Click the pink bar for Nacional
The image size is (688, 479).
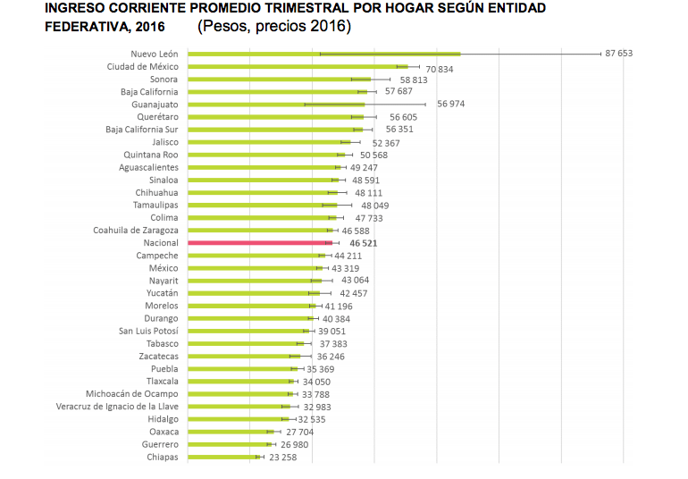tap(259, 242)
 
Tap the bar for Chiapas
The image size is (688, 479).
tap(223, 457)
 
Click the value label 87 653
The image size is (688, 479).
tap(618, 54)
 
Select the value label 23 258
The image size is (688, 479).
tap(282, 457)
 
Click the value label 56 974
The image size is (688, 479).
tap(451, 104)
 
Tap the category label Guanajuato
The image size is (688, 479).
tap(155, 104)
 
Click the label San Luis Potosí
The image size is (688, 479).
tap(148, 331)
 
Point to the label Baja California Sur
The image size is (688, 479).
tap(141, 129)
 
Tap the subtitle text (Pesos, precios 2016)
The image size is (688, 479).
tap(274, 27)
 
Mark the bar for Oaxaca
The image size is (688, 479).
tap(228, 432)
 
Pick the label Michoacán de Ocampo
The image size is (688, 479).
tap(131, 394)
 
